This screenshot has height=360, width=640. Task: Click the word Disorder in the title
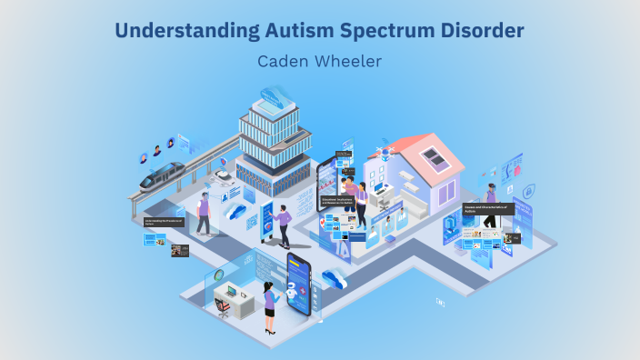click(x=479, y=32)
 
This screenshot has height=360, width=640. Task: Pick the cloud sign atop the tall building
click(x=272, y=94)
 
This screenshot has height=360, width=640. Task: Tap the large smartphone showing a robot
click(x=299, y=282)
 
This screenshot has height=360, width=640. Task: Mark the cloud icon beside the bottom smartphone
click(x=334, y=279)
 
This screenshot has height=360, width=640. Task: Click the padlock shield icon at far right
click(x=528, y=216)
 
